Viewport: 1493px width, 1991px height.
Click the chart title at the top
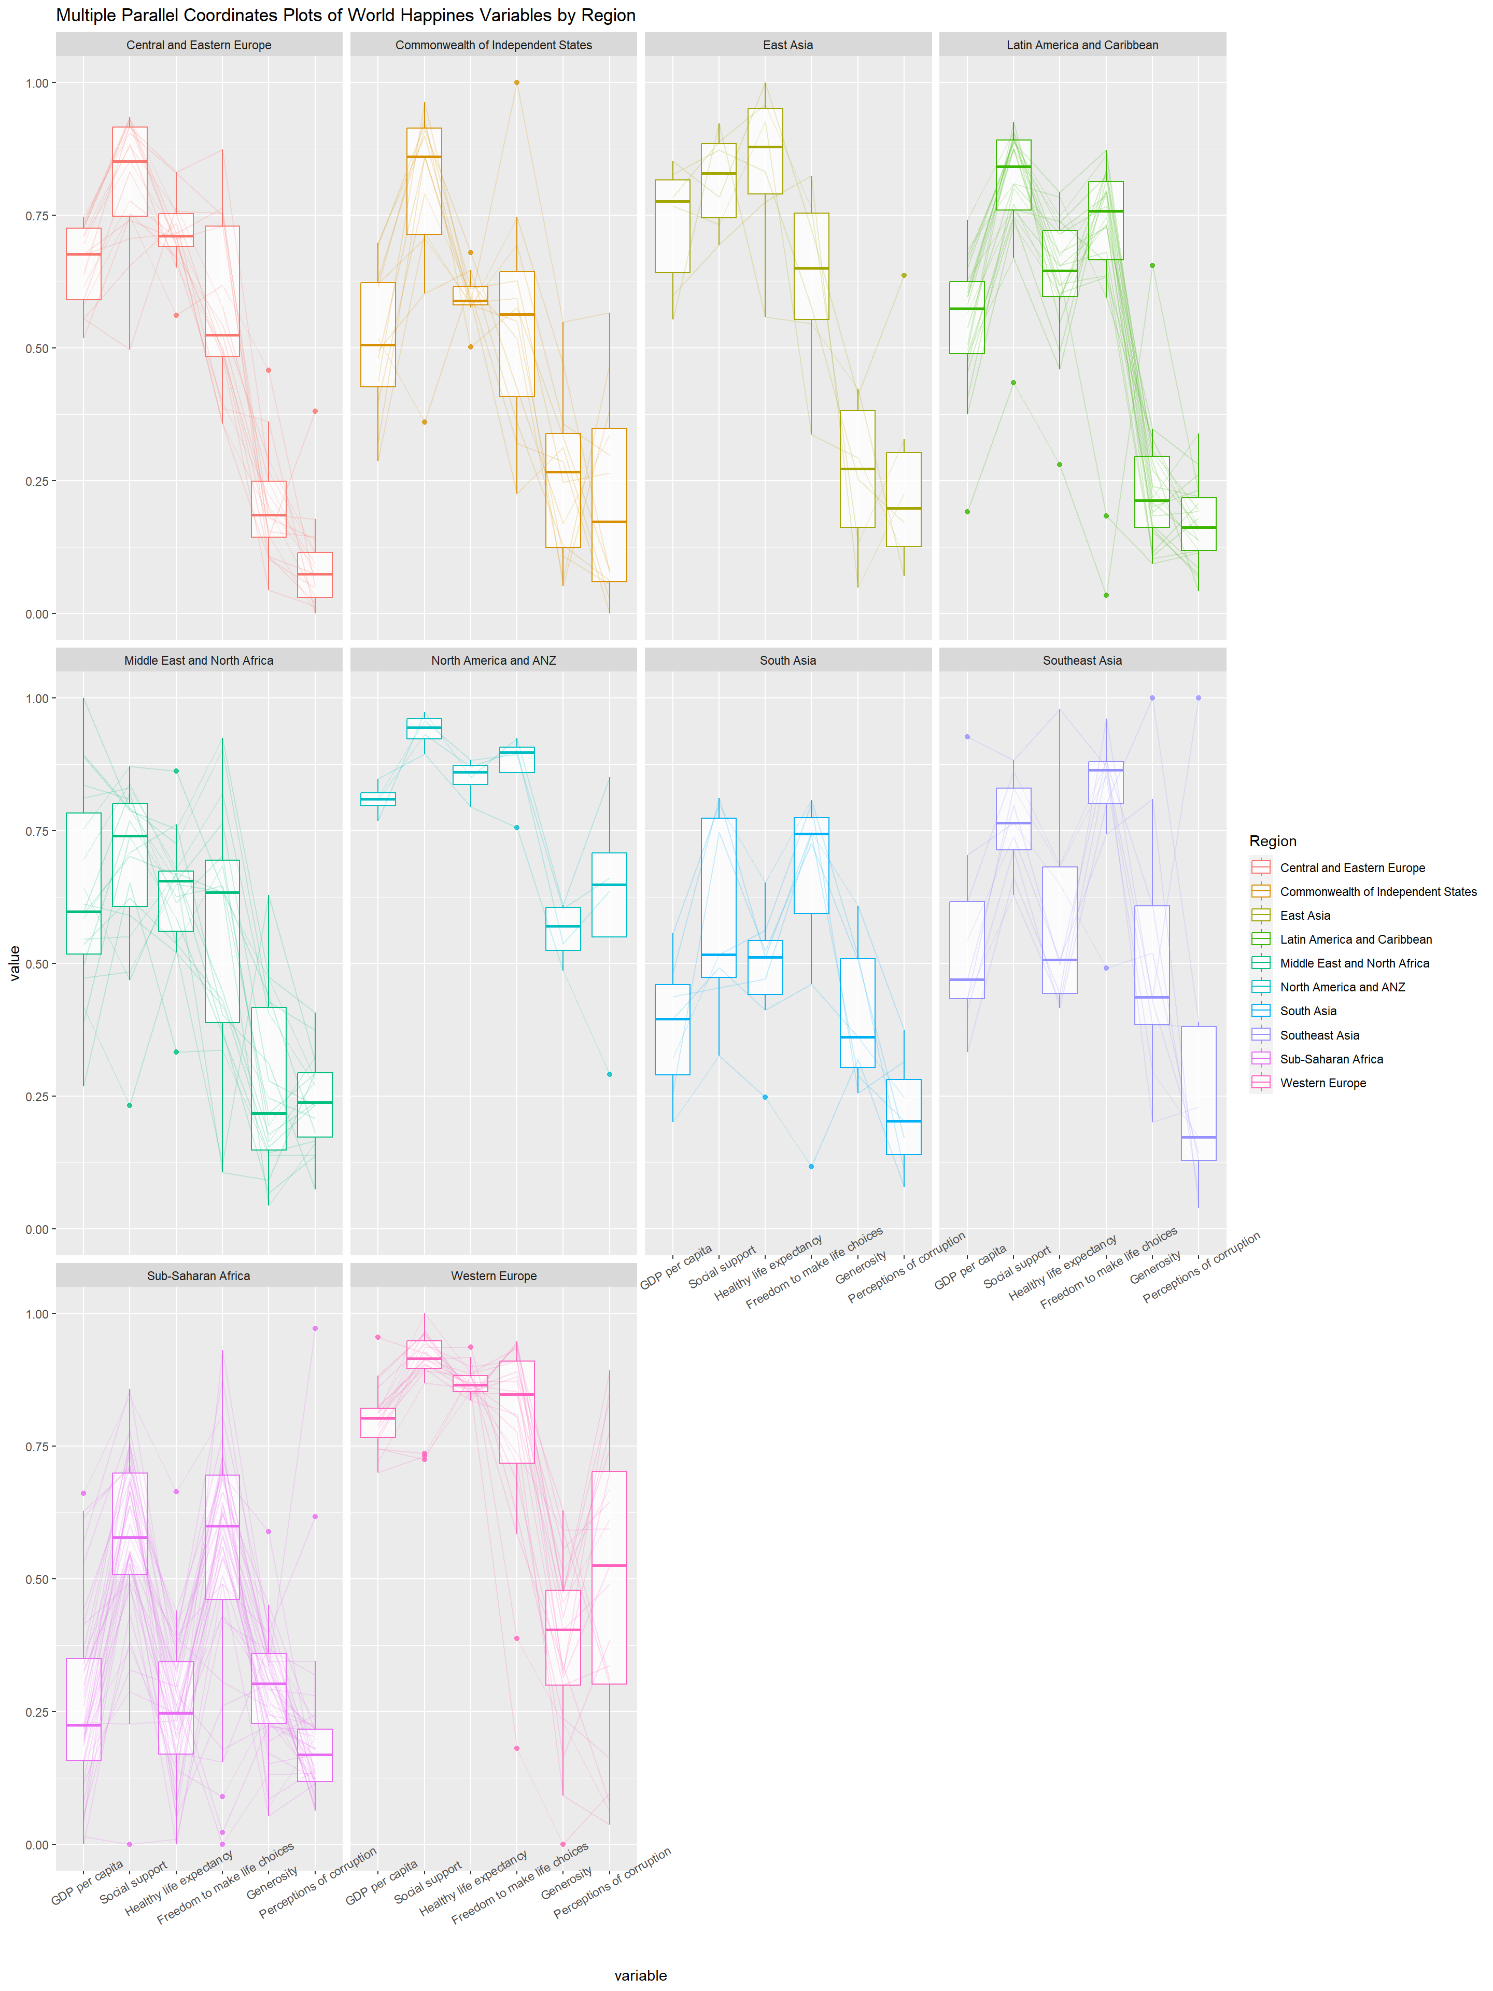click(x=346, y=16)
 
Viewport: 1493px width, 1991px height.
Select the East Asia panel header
click(x=787, y=45)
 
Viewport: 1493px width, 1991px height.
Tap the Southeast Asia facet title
click(x=1082, y=661)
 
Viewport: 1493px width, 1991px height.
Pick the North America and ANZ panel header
click(x=493, y=661)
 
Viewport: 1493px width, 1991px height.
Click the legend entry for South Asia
click(x=1307, y=1011)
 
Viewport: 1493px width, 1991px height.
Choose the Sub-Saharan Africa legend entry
click(x=1331, y=1059)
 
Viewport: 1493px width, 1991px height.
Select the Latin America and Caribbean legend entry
click(x=1355, y=939)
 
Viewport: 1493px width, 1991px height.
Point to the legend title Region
click(x=1273, y=840)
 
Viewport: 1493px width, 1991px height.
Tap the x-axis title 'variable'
click(x=641, y=1975)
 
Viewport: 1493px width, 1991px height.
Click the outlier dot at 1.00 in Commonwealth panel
click(x=516, y=83)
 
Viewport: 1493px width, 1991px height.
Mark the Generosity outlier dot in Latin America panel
click(x=1152, y=265)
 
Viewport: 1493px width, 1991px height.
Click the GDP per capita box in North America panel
click(x=378, y=800)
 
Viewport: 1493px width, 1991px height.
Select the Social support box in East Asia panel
click(x=718, y=180)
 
